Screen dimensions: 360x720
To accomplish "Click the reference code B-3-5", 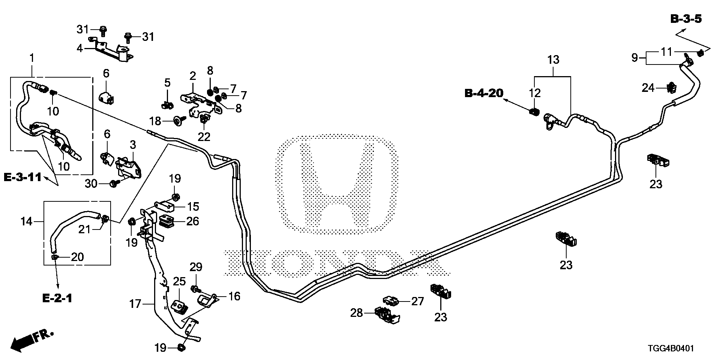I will [x=686, y=19].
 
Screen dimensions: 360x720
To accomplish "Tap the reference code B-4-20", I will [x=484, y=93].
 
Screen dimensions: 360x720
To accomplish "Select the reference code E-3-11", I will [x=22, y=177].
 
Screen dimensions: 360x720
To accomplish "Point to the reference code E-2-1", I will [x=57, y=298].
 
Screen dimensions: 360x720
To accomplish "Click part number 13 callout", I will [x=553, y=60].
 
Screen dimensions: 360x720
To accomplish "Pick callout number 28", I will [x=357, y=312].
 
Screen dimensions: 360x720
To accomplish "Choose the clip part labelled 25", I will [x=180, y=306].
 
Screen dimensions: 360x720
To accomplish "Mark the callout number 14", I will [x=26, y=222].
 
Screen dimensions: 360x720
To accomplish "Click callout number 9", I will [x=634, y=58].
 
